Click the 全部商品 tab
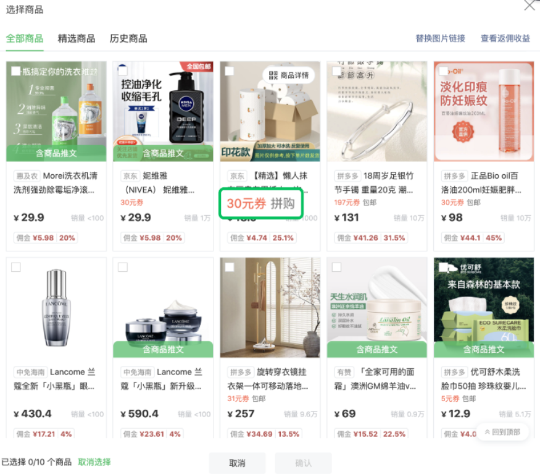pyautogui.click(x=25, y=38)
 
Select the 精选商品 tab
pyautogui.click(x=77, y=38)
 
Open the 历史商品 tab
pyautogui.click(x=128, y=38)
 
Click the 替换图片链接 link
pyautogui.click(x=440, y=38)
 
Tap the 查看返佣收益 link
pyautogui.click(x=505, y=38)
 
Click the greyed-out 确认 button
pyautogui.click(x=303, y=463)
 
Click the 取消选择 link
pyautogui.click(x=94, y=462)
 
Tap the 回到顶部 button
pyautogui.click(x=502, y=432)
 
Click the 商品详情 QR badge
pyautogui.click(x=289, y=75)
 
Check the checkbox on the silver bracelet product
pyautogui.click(x=336, y=71)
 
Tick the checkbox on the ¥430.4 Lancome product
pyautogui.click(x=16, y=267)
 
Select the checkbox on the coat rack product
pyautogui.click(x=230, y=267)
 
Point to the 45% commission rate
pyautogui.click(x=494, y=238)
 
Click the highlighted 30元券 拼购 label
pyautogui.click(x=260, y=204)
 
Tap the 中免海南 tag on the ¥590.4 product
pyautogui.click(x=136, y=372)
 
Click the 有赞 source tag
pyautogui.click(x=344, y=372)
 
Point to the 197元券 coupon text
pyautogui.click(x=347, y=202)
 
